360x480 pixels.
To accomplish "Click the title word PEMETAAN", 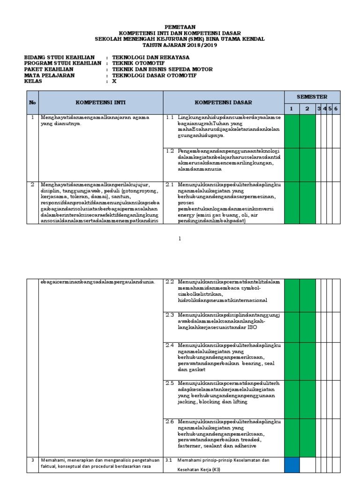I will coord(180,27).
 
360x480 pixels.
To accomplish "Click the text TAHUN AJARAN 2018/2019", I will coord(180,45).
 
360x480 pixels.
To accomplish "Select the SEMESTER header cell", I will coord(312,97).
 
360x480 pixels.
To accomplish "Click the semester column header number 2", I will coord(307,108).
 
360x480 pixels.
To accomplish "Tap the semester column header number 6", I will coord(336,108).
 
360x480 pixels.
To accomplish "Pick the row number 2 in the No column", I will coord(32,185).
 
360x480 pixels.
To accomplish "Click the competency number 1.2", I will coord(170,151).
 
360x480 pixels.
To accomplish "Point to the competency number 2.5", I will coord(170,383).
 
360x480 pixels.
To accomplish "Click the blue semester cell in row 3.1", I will coord(292,465).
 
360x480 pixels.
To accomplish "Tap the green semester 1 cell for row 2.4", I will coord(292,359).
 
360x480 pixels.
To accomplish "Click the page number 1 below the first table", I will coord(180,239).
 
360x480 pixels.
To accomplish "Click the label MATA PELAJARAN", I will coord(50,75).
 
